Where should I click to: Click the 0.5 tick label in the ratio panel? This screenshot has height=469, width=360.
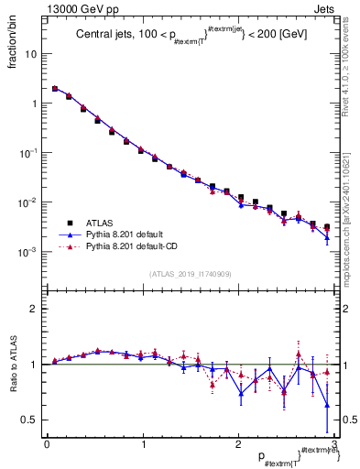pos(31,420)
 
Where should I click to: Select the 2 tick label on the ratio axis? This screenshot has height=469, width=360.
pos(36,310)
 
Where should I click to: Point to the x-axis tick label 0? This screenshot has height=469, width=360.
pos(47,443)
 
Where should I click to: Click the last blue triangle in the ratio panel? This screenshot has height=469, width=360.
pos(327,404)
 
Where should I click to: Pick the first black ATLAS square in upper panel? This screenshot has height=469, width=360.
pos(55,89)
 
